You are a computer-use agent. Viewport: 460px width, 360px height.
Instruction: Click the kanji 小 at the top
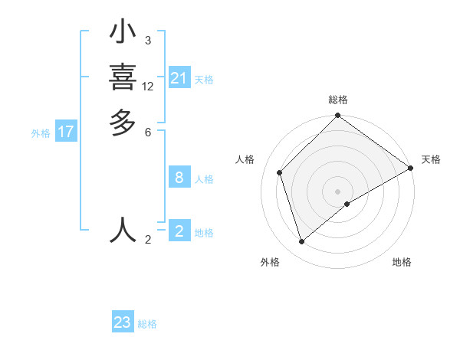point(123,34)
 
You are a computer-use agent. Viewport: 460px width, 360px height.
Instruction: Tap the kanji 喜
point(123,78)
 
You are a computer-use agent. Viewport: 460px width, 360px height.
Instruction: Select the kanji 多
point(123,123)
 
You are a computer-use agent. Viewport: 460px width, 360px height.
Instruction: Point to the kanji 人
point(123,230)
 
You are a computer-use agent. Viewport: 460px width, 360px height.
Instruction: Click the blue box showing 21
point(179,78)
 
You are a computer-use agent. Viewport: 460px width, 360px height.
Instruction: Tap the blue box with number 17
point(66,132)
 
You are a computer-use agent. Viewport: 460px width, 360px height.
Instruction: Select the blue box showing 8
point(179,178)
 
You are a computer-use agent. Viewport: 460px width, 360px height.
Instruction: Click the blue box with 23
point(123,322)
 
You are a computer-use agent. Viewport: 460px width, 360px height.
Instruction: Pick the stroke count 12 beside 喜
point(148,87)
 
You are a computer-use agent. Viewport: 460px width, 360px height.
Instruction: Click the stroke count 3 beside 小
point(147,41)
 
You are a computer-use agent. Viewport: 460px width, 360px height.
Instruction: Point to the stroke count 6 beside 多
point(147,132)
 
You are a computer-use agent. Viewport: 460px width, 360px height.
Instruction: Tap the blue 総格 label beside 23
point(147,324)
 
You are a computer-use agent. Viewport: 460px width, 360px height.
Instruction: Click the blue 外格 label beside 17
point(41,133)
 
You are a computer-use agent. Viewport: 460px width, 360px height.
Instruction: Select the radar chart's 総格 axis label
point(338,100)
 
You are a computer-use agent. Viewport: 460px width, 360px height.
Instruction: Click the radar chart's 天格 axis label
point(431,159)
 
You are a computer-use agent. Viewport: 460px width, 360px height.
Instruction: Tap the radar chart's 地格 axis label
point(402,262)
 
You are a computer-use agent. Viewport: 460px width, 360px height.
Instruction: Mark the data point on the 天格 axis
point(411,168)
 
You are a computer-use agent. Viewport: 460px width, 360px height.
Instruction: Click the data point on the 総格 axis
point(338,116)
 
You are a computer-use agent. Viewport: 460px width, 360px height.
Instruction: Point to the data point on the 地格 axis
point(347,204)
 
